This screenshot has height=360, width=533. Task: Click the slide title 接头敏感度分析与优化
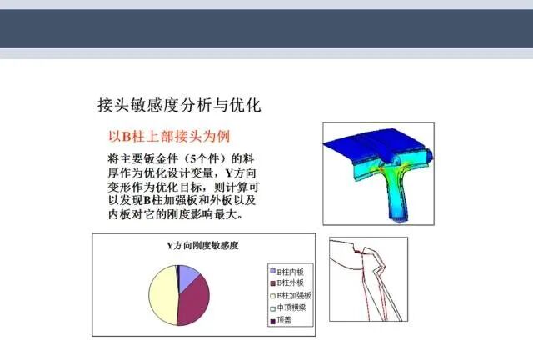180,106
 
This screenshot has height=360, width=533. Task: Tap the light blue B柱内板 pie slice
187,274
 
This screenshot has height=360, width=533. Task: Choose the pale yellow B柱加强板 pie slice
162,297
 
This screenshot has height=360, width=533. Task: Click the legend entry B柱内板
292,272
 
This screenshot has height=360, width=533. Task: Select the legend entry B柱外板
292,283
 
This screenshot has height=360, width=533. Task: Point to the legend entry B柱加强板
295,295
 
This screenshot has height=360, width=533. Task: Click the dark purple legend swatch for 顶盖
271,319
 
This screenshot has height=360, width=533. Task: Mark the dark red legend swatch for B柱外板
271,283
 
